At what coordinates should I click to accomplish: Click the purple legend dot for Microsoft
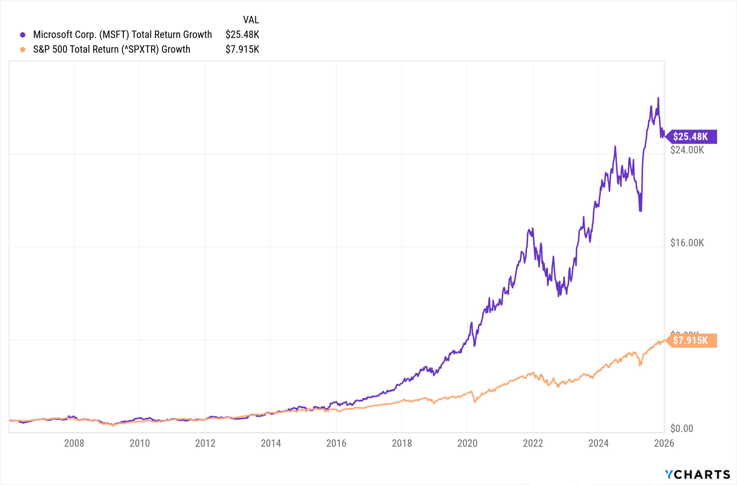click(x=22, y=35)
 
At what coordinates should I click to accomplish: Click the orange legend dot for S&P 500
click(x=22, y=49)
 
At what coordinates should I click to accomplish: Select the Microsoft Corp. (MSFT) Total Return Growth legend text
click(x=122, y=35)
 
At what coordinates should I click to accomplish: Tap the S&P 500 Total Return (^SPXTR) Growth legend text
click(x=112, y=49)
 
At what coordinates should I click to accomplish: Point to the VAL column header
click(x=251, y=20)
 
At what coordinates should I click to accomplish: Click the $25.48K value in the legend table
click(x=242, y=35)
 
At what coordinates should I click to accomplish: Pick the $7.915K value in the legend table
click(x=242, y=49)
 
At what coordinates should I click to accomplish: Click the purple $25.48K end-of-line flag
click(x=691, y=137)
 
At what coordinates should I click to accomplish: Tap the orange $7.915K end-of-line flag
click(x=691, y=341)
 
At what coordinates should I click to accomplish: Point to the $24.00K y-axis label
click(x=687, y=150)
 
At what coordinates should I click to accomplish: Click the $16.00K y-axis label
click(x=687, y=243)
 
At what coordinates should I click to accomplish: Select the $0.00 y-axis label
click(x=682, y=429)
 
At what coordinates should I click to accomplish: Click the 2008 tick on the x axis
click(x=74, y=443)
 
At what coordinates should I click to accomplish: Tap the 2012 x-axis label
click(x=205, y=443)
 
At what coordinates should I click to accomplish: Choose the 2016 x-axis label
click(x=336, y=443)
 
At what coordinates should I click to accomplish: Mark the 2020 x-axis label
click(x=467, y=443)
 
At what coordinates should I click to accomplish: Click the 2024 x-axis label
click(x=598, y=443)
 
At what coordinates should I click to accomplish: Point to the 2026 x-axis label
click(x=664, y=443)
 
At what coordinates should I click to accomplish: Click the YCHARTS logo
click(x=697, y=474)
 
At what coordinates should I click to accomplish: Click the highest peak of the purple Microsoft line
click(x=658, y=98)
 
